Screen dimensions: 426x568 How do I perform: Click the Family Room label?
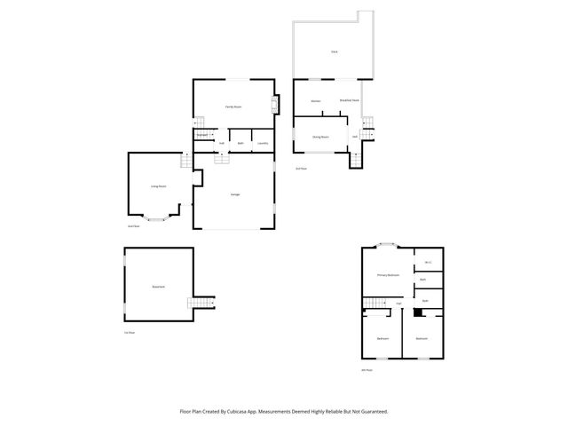coord(233,106)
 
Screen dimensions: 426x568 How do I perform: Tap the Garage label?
coord(235,194)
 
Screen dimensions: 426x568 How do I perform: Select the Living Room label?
coord(161,186)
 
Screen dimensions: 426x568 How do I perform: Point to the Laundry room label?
coord(262,143)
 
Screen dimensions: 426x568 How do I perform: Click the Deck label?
coord(334,52)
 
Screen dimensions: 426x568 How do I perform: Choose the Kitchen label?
coord(315,101)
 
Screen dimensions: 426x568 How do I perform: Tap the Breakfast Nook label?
coord(349,100)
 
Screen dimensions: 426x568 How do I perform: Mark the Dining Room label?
coord(320,137)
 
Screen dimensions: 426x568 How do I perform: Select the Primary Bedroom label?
coord(388,275)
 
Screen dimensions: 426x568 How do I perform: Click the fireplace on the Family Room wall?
coord(274,106)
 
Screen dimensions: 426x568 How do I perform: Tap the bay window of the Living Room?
coord(155,218)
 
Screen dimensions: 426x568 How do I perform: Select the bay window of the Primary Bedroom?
coord(386,245)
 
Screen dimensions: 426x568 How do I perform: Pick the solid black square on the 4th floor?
coord(418,312)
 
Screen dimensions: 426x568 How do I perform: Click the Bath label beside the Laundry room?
coord(240,143)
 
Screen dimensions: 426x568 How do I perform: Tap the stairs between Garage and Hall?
coord(221,157)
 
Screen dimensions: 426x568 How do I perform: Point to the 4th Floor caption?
coord(366,370)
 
